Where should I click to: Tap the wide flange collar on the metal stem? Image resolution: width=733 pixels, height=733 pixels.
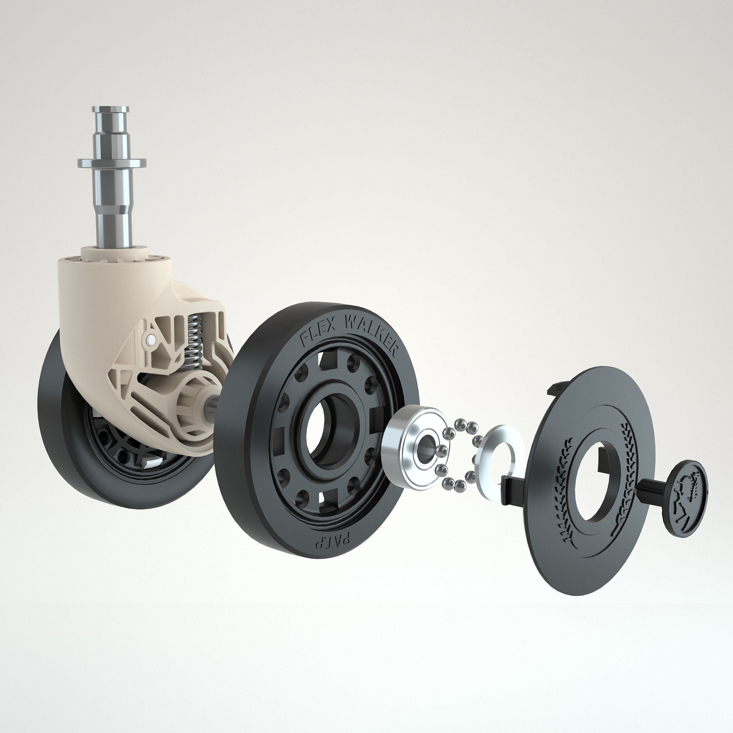click(x=112, y=163)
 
